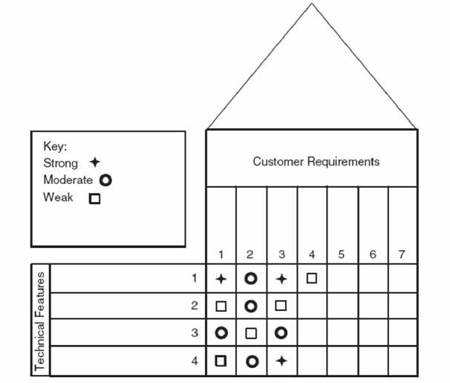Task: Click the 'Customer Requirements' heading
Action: (x=316, y=161)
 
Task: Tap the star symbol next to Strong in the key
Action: (x=94, y=163)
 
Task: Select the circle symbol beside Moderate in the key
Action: (x=105, y=180)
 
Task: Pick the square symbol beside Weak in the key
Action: (x=94, y=198)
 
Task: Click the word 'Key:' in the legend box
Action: (x=56, y=147)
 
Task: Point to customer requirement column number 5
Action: (x=341, y=255)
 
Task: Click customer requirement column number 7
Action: (x=402, y=255)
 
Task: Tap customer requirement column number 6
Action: (x=372, y=255)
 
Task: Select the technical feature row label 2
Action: (x=194, y=306)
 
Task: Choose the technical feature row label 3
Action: (x=194, y=333)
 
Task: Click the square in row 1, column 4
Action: (x=312, y=278)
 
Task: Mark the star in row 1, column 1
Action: (x=221, y=279)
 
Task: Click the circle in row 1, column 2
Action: (x=251, y=278)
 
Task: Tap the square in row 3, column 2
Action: (x=251, y=333)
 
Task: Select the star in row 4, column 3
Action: (x=281, y=361)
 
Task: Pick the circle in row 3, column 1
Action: (x=221, y=333)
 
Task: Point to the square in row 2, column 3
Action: (x=281, y=306)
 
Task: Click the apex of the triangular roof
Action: (x=311, y=4)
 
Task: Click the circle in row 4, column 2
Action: (x=252, y=361)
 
